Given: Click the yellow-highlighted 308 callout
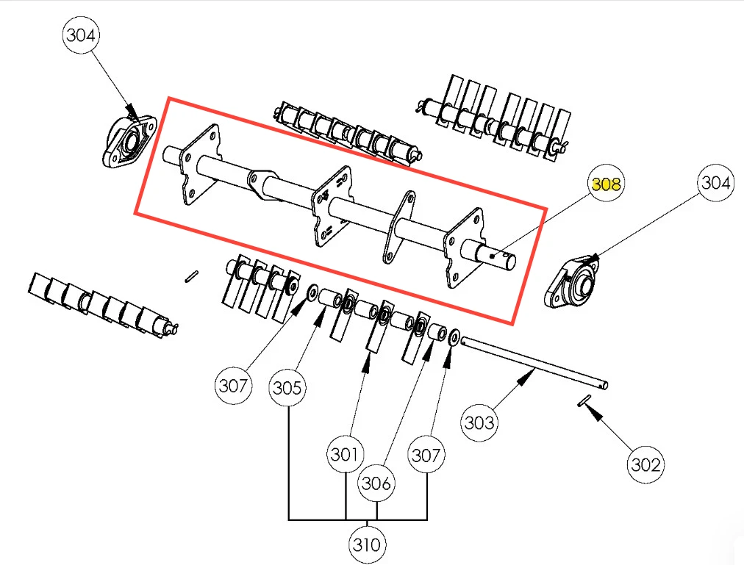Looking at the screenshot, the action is pyautogui.click(x=606, y=183).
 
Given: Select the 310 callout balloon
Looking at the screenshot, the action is pyautogui.click(x=367, y=544).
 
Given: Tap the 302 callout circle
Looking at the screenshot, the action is pyautogui.click(x=645, y=464).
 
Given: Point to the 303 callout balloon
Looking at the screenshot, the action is pyautogui.click(x=479, y=422).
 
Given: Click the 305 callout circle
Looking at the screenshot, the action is pyautogui.click(x=287, y=388).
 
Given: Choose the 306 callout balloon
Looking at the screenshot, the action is pyautogui.click(x=376, y=483).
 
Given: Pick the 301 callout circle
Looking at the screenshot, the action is pyautogui.click(x=345, y=454).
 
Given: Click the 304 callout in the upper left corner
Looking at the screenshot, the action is pyautogui.click(x=81, y=35).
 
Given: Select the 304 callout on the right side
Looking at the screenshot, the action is pyautogui.click(x=715, y=182).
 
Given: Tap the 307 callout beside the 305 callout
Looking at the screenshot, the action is pyautogui.click(x=233, y=385).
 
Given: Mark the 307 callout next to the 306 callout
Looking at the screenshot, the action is pyautogui.click(x=426, y=455).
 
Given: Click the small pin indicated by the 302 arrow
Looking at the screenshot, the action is pyautogui.click(x=584, y=401).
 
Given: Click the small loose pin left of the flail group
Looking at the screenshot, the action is pyautogui.click(x=192, y=276).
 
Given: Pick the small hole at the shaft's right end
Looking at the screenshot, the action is pyautogui.click(x=493, y=256).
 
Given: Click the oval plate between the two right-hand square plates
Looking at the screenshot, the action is pyautogui.click(x=398, y=227).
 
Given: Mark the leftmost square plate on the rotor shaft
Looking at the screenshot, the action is pyautogui.click(x=201, y=164).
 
